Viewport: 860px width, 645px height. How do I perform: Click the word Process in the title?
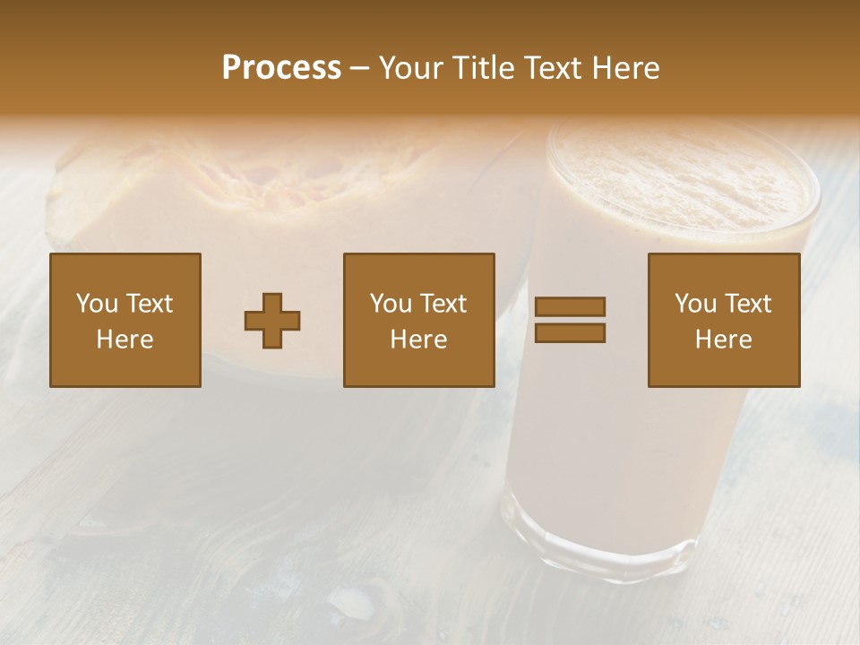point(281,68)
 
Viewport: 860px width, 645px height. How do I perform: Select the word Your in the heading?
point(412,68)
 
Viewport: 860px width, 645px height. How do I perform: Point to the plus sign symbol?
point(272,321)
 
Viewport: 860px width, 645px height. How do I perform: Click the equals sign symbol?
point(570,320)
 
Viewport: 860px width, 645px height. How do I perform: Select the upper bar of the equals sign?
point(570,307)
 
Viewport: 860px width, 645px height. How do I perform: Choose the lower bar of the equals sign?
point(570,332)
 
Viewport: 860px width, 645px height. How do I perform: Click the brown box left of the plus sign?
point(125,320)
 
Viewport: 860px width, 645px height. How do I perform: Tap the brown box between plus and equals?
point(419,320)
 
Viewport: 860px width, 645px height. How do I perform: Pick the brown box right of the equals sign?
point(724,320)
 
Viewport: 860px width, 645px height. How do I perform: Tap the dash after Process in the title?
point(359,69)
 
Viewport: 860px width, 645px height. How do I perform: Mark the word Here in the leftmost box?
point(125,340)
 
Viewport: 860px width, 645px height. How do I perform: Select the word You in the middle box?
point(391,304)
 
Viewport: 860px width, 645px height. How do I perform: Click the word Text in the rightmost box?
point(747,304)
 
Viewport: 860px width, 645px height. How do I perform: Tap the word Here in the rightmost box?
point(724,340)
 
